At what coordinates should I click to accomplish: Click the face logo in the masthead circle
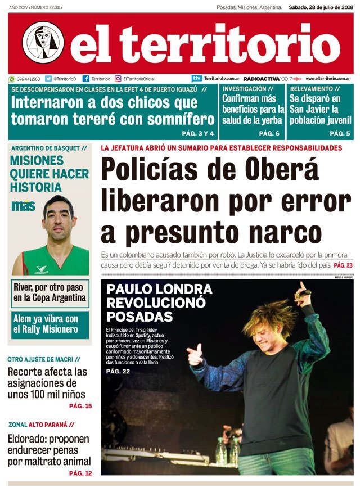click(x=43, y=42)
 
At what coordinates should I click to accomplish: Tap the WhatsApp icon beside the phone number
click(x=11, y=79)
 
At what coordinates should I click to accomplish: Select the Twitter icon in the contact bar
click(x=48, y=79)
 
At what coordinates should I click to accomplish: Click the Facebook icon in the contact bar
click(x=86, y=79)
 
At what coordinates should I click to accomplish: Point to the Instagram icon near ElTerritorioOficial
click(x=118, y=79)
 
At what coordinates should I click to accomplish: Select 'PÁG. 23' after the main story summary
click(x=343, y=265)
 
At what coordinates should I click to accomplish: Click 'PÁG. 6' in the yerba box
click(x=269, y=133)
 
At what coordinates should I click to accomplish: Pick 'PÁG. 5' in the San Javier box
click(x=340, y=133)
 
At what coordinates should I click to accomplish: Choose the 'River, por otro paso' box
click(x=49, y=292)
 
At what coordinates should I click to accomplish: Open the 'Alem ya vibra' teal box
click(x=49, y=324)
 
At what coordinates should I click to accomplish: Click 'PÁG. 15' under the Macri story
click(x=80, y=405)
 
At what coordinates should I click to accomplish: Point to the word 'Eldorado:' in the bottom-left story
click(x=29, y=439)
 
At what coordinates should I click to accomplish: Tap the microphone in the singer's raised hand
click(x=303, y=292)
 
